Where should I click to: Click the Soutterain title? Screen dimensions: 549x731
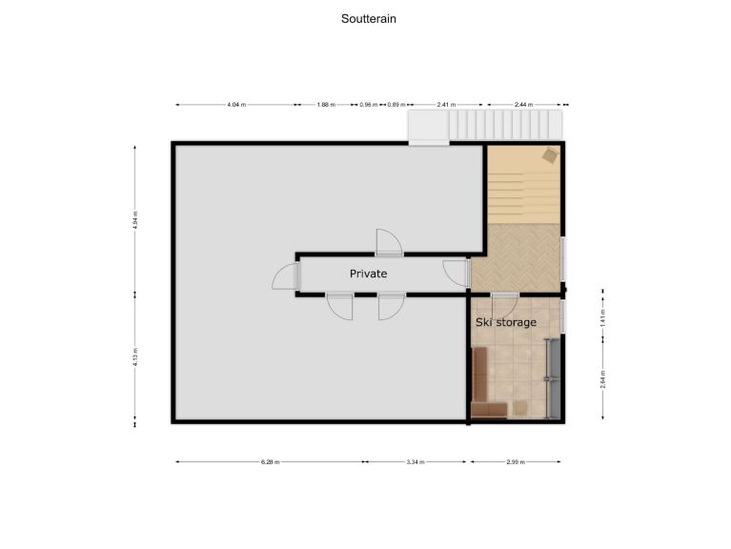click(368, 18)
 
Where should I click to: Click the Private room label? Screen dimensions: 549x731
click(368, 274)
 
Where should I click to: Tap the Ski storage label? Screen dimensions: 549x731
click(505, 322)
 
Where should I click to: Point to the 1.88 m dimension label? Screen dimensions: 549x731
click(325, 105)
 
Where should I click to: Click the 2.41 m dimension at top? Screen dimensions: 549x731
click(446, 105)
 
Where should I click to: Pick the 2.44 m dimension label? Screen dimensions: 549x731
click(523, 105)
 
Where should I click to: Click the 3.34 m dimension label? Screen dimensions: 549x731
click(416, 462)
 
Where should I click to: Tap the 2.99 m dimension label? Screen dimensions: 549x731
click(515, 462)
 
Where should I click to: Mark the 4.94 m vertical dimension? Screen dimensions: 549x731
click(135, 220)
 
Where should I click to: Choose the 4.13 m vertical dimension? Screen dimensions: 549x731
click(135, 358)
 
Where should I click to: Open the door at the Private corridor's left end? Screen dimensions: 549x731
click(285, 276)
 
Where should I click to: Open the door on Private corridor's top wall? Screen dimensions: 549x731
click(389, 242)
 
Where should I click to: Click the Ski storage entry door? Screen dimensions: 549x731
click(503, 305)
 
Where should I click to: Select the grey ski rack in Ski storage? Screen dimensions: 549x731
click(550, 377)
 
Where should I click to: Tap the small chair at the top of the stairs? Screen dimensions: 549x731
click(550, 154)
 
